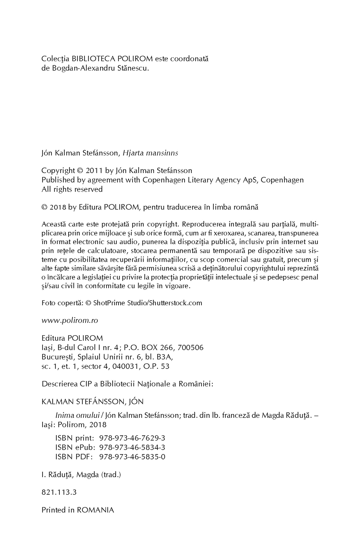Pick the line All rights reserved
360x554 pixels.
click(x=72, y=189)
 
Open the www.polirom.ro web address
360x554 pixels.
click(x=70, y=320)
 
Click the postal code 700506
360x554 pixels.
click(x=191, y=348)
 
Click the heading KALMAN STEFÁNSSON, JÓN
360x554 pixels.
click(x=92, y=402)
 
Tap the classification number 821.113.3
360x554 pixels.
click(x=59, y=492)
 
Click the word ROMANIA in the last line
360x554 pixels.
click(x=95, y=510)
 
